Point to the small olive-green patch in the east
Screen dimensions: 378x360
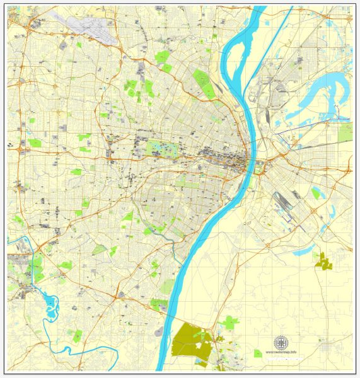click(x=324, y=261)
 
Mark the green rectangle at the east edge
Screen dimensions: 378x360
click(x=345, y=132)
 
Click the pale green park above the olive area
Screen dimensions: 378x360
click(x=229, y=323)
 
